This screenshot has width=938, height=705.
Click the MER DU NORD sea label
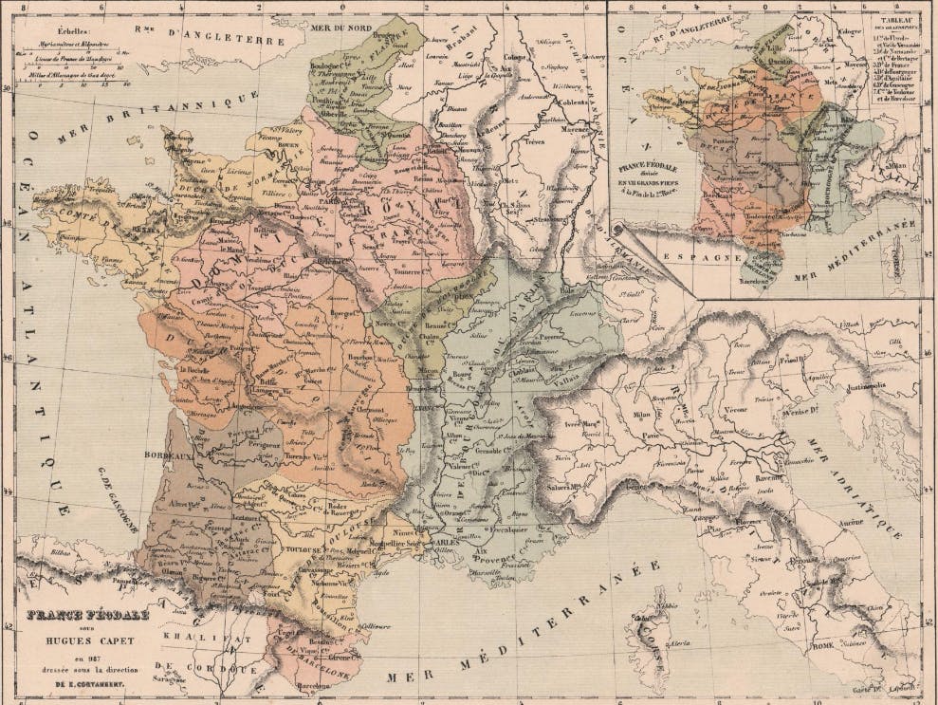(x=337, y=28)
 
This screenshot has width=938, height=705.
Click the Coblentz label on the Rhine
(x=574, y=104)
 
